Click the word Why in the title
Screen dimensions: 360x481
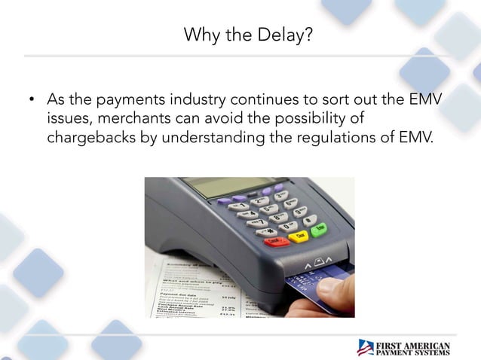[201, 35]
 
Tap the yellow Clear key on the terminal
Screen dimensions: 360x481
[299, 236]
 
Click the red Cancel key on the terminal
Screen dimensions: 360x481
[276, 241]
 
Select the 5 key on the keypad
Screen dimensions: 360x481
[269, 210]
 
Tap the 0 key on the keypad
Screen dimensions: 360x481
[287, 225]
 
